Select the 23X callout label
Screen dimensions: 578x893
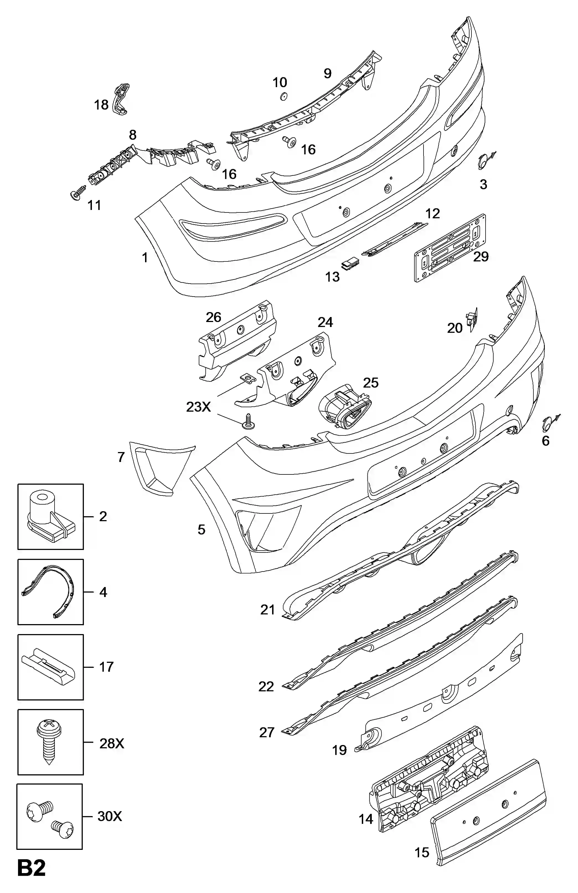(x=198, y=407)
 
